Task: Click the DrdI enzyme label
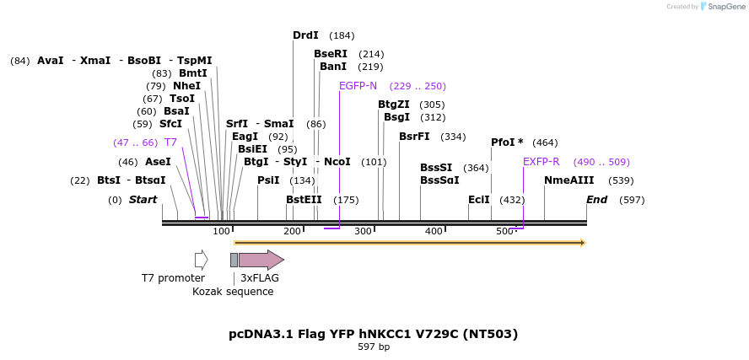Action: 305,35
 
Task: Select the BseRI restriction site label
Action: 331,54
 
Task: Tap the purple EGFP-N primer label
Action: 358,86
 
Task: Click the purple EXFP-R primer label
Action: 541,162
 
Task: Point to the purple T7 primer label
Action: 170,142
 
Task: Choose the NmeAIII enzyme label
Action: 568,180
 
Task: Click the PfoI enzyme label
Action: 507,142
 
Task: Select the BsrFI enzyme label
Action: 414,137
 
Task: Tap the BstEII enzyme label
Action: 304,200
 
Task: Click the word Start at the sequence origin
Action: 143,200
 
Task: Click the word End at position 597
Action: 597,200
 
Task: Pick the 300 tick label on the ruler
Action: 363,231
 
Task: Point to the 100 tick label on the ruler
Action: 221,231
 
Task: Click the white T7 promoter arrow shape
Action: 201,260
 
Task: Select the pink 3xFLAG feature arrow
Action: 261,260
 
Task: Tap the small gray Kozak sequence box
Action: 234,260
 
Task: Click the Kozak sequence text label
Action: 233,292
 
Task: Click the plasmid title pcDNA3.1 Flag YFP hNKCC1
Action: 373,334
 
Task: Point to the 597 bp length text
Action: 374,347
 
